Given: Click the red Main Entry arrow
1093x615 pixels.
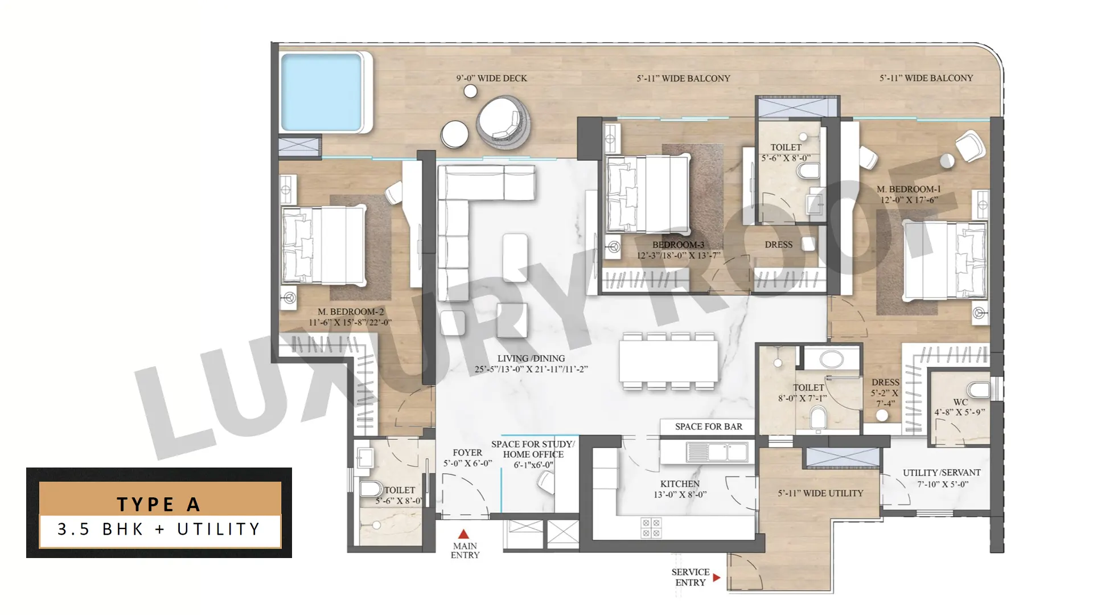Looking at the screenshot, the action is [x=463, y=534].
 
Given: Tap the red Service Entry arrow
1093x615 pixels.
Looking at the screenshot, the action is [x=717, y=577].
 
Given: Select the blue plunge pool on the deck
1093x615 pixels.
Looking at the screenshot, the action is [x=322, y=93].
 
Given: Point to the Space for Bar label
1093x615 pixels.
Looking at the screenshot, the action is [x=709, y=427].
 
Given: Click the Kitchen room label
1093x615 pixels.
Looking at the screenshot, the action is [x=680, y=489].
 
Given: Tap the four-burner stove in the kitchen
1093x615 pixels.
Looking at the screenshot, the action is [x=651, y=528].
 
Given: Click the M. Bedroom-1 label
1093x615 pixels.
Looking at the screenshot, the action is [x=909, y=194].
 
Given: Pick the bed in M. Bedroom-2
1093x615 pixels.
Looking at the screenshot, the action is [x=323, y=245].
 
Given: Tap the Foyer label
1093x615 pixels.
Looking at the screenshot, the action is [x=467, y=458].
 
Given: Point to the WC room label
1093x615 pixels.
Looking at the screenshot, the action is [x=960, y=407].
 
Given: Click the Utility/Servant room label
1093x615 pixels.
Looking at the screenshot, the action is [x=942, y=478].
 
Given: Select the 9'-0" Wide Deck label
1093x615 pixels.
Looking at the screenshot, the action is [x=491, y=78].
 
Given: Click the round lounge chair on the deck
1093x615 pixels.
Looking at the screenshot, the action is [x=504, y=122].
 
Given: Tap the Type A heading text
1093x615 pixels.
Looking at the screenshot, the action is [x=159, y=504].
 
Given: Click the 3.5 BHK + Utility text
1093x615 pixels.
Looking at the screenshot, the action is [x=159, y=529].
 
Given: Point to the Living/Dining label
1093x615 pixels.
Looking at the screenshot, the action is [x=531, y=363].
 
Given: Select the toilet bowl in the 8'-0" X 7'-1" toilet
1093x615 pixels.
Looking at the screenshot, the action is [x=818, y=418].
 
